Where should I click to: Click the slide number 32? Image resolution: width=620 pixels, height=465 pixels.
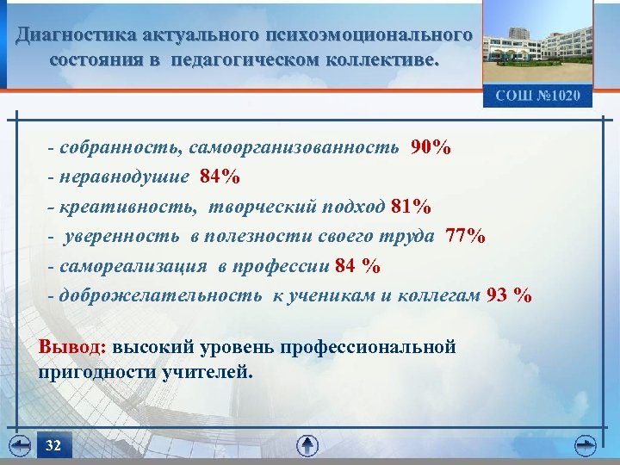pyautogui.click(x=53, y=445)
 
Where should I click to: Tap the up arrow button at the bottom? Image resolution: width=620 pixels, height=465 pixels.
pyautogui.click(x=307, y=445)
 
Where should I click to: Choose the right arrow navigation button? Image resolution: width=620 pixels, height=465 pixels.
pyautogui.click(x=586, y=445)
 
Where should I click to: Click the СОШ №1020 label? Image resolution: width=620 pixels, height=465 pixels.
pyautogui.click(x=538, y=96)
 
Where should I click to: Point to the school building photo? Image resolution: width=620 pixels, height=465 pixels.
pyautogui.click(x=537, y=44)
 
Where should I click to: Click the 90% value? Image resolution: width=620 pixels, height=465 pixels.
pyautogui.click(x=431, y=147)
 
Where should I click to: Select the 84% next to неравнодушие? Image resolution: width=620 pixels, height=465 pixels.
pyautogui.click(x=220, y=177)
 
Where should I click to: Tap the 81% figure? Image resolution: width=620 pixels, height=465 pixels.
pyautogui.click(x=411, y=207)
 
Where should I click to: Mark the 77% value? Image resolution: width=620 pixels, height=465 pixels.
pyautogui.click(x=466, y=237)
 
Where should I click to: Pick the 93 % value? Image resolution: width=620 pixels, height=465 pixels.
pyautogui.click(x=509, y=295)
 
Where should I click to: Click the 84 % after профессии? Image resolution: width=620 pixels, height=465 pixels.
pyautogui.click(x=357, y=266)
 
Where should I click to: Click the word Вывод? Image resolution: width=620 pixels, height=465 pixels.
pyautogui.click(x=72, y=348)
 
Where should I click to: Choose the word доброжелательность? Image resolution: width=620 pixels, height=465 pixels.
pyautogui.click(x=163, y=295)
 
